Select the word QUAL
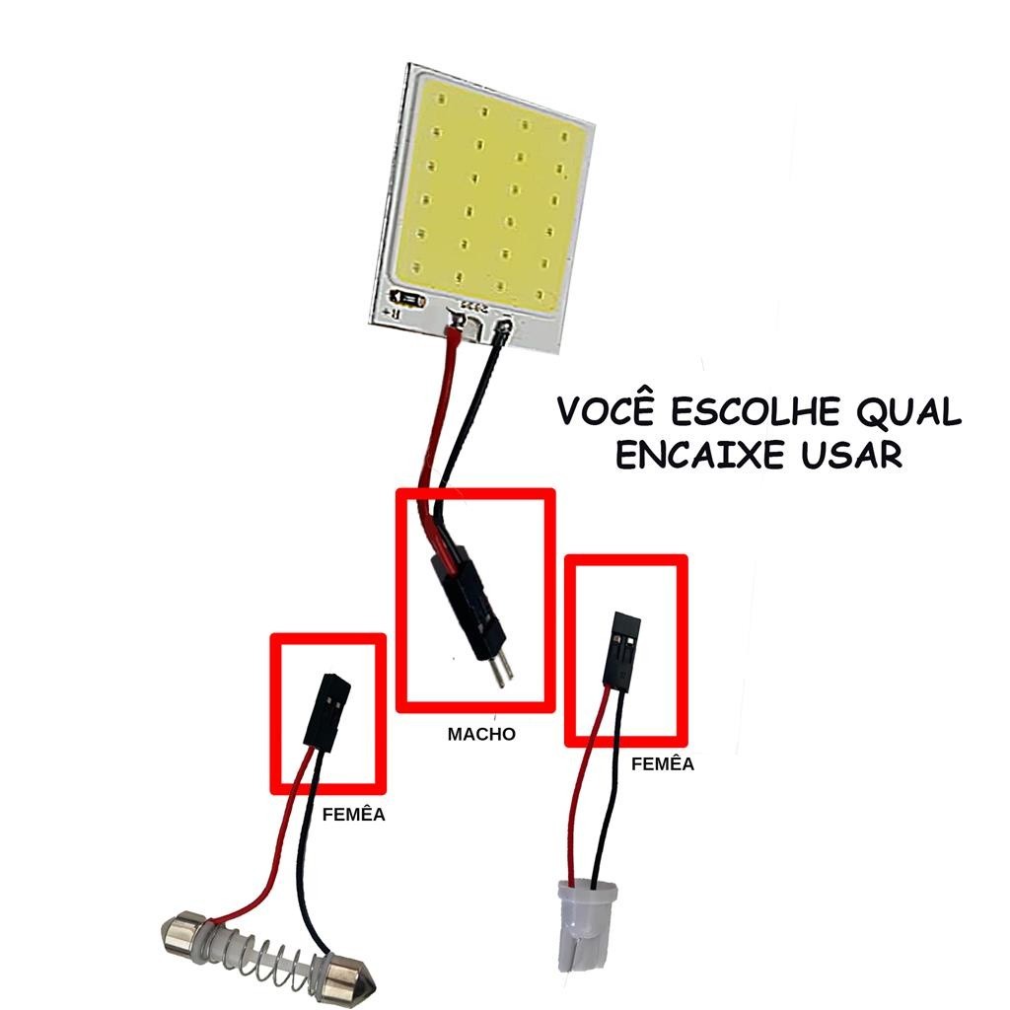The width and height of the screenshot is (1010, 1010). [x=906, y=411]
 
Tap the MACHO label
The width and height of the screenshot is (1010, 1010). [x=481, y=734]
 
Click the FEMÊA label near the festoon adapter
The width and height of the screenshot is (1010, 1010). [x=353, y=816]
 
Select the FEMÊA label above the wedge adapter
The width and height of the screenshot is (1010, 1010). [x=662, y=763]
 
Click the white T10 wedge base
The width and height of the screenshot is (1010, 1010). [x=586, y=921]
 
